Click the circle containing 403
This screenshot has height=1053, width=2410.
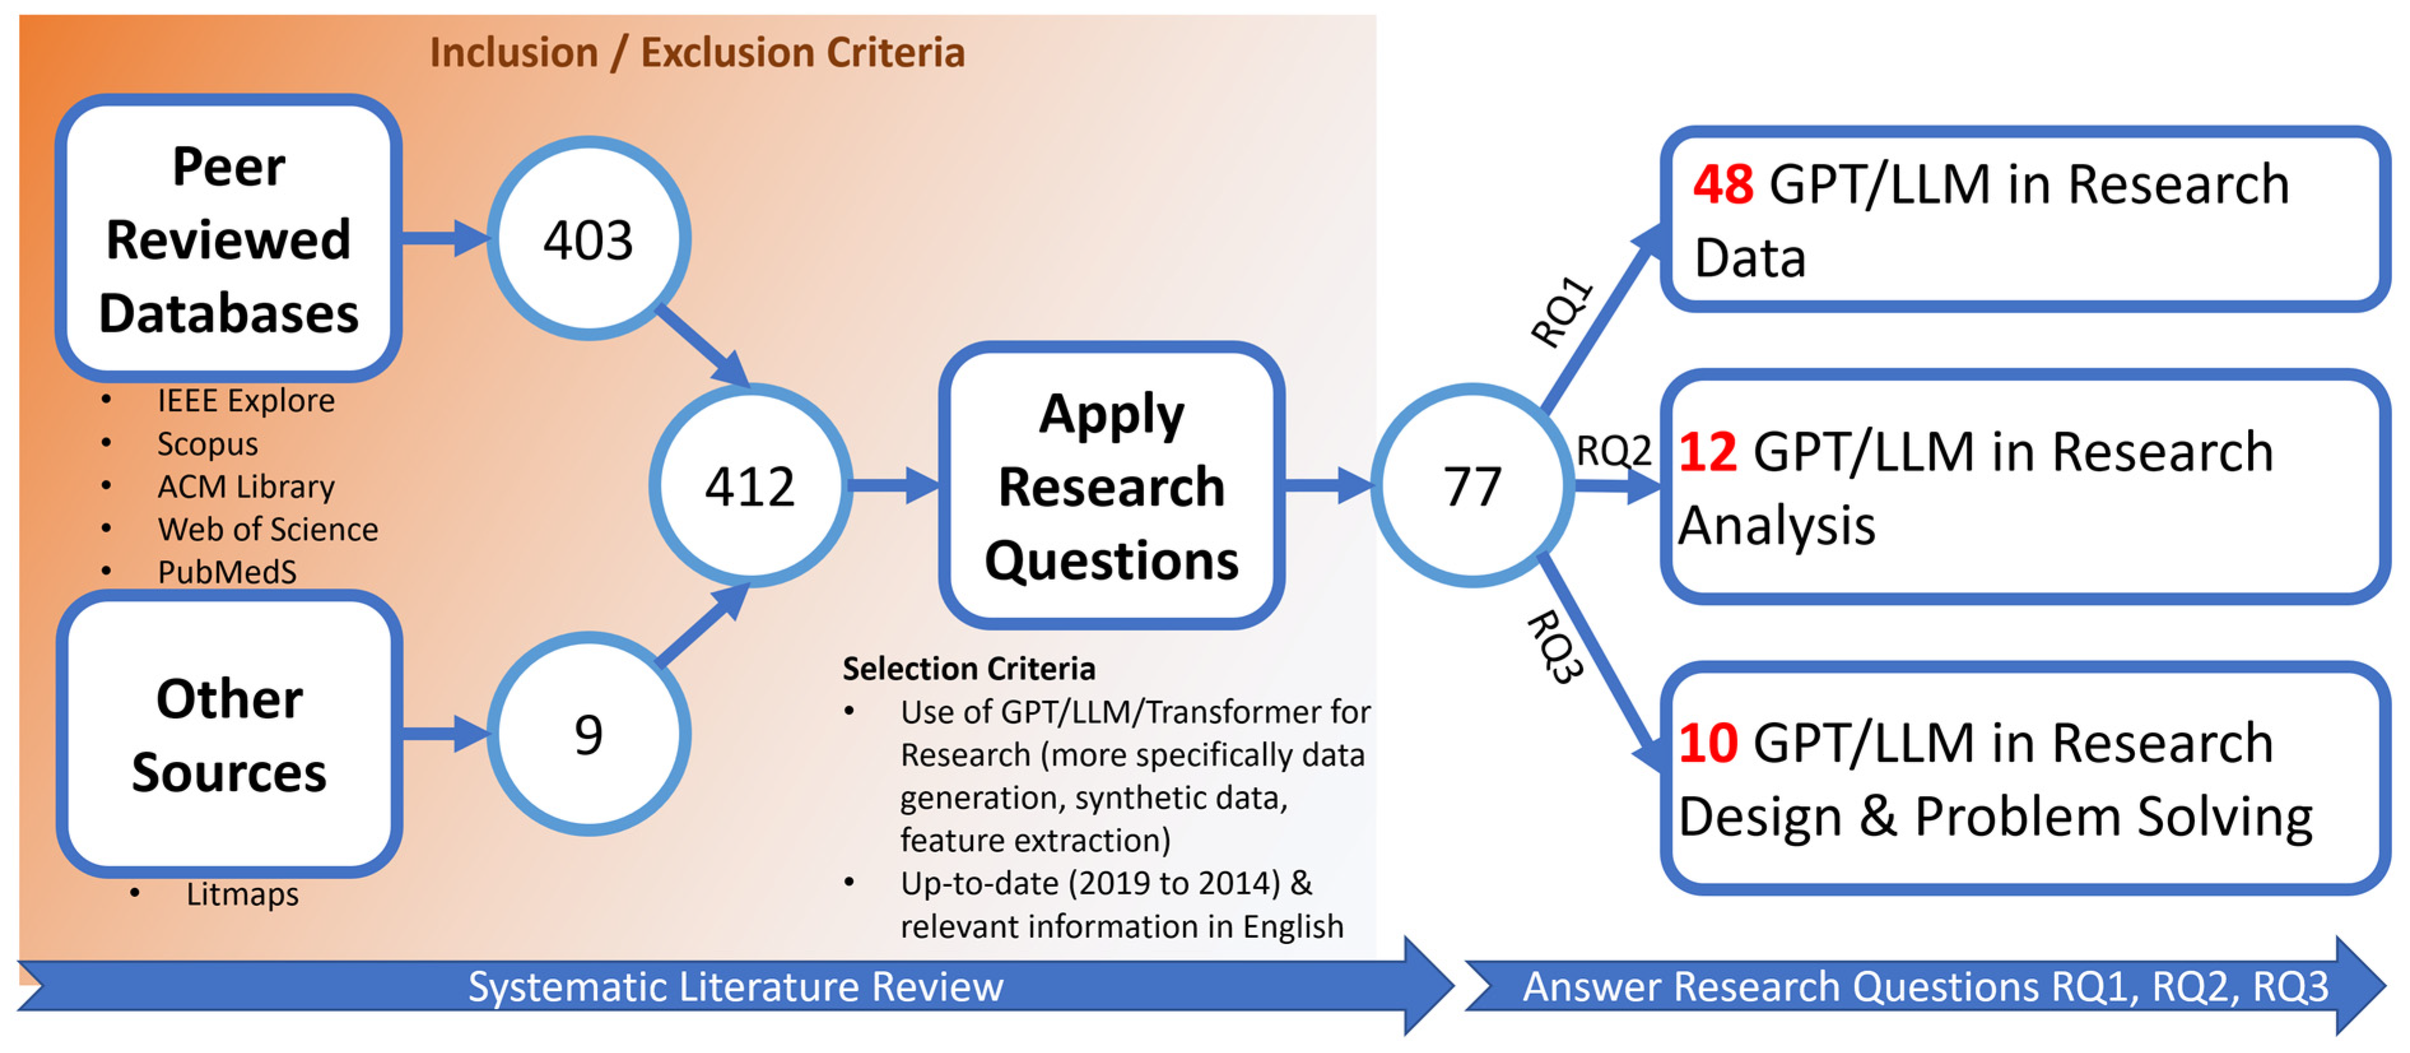point(588,239)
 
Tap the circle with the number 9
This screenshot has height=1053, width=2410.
point(588,734)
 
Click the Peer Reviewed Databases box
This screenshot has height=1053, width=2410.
point(229,239)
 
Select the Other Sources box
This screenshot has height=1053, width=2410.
point(229,734)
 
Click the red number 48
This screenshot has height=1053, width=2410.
point(1722,184)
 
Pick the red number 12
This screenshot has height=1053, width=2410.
point(1708,452)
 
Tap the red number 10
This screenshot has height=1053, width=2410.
point(1708,743)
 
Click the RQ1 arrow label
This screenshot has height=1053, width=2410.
point(1561,312)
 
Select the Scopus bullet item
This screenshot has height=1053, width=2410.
point(207,443)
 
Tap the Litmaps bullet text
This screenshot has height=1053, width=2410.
point(243,894)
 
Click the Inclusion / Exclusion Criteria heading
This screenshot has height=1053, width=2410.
point(697,52)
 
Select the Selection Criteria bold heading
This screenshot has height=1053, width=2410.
point(968,668)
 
